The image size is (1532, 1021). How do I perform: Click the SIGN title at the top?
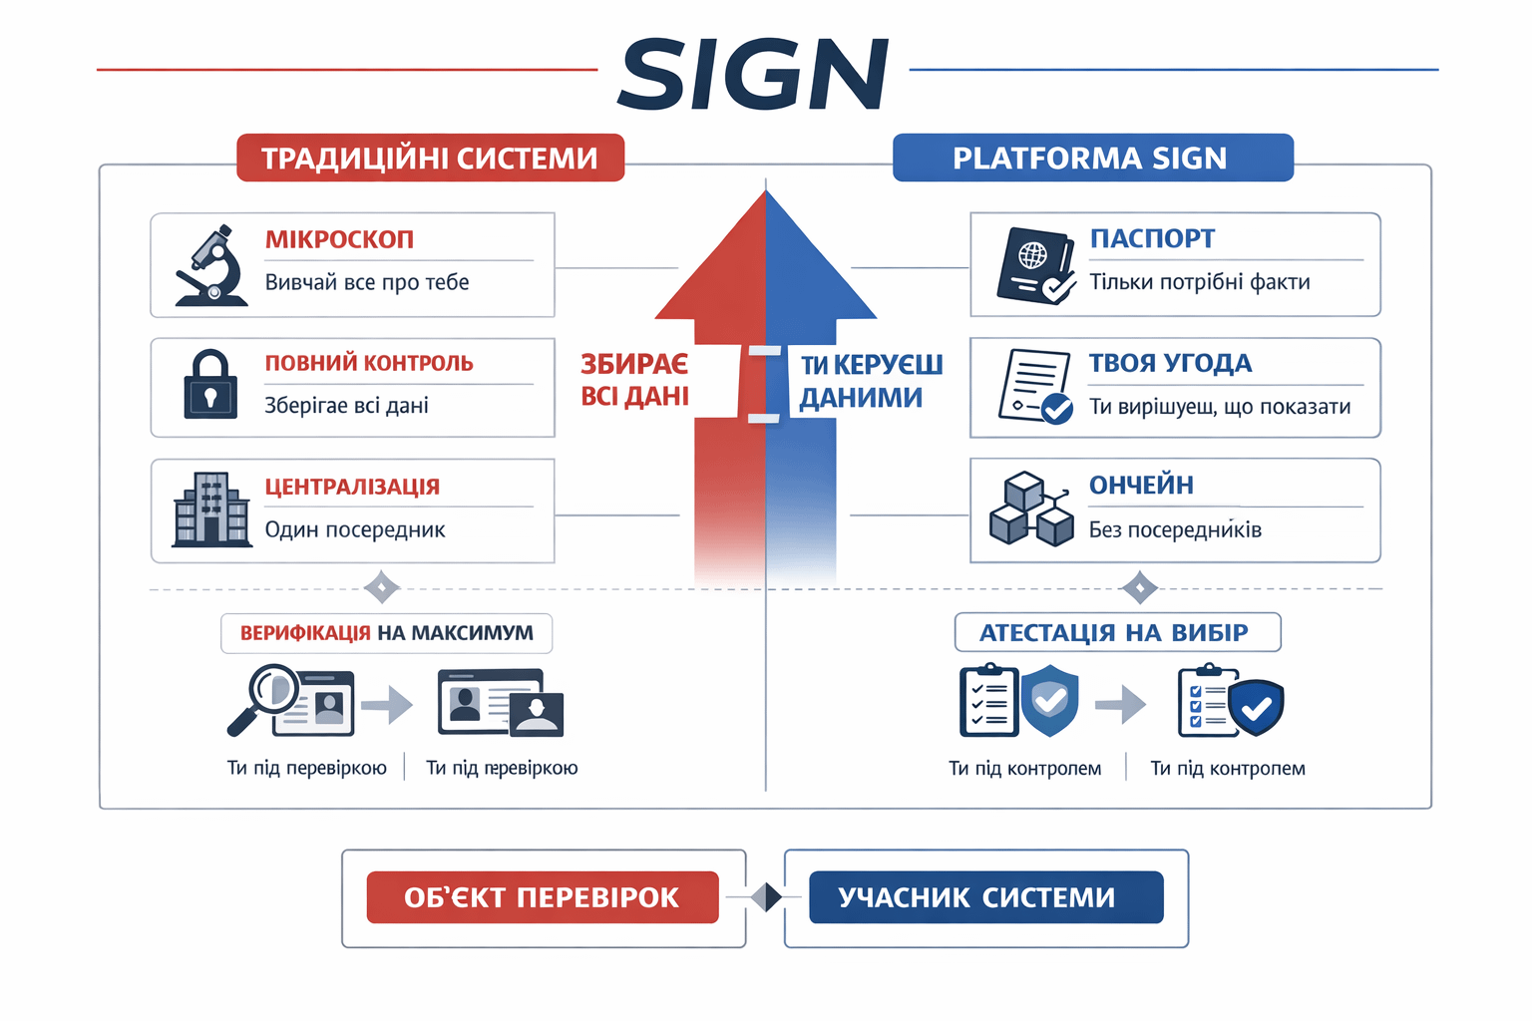tap(753, 75)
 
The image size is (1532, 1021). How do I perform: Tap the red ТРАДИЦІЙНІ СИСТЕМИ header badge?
tap(430, 158)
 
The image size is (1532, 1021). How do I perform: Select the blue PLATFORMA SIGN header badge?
tap(1092, 158)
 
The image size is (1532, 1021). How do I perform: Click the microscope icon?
tap(212, 265)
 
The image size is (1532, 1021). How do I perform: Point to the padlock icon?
tap(210, 385)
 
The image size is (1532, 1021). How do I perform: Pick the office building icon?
tap(211, 510)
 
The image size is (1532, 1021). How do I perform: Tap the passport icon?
tap(1035, 265)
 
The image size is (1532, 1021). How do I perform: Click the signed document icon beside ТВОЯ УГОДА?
tap(1035, 387)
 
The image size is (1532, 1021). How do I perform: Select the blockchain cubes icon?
tap(1031, 510)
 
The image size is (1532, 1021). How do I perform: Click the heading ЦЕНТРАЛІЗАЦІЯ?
tap(352, 487)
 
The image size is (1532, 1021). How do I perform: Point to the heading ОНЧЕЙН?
tap(1141, 485)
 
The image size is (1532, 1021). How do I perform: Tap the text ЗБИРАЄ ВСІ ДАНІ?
tap(634, 380)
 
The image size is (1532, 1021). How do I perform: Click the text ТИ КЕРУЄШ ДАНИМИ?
tap(871, 381)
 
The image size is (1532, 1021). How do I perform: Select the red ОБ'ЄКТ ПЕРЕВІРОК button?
tap(542, 897)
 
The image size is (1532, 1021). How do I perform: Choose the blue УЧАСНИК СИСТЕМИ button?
tap(985, 897)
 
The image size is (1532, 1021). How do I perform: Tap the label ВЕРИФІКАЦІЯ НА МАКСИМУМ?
tap(386, 633)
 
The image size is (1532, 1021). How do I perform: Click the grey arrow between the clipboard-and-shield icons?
tap(1120, 704)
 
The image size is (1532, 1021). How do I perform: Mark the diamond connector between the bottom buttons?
tap(766, 897)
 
